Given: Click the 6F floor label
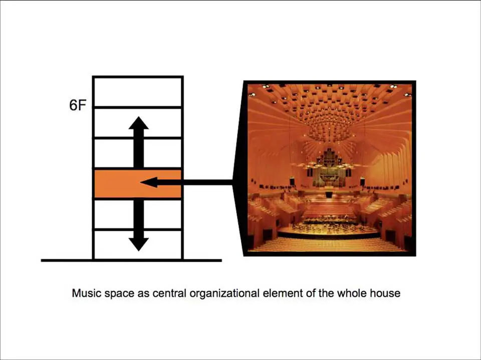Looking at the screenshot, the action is click(77, 106).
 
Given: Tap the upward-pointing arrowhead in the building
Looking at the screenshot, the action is click(139, 123).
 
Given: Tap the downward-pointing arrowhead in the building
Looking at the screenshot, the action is click(139, 244).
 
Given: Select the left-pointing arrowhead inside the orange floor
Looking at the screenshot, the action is click(149, 182).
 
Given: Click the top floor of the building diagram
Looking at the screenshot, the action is click(138, 92).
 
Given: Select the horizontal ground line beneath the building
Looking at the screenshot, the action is click(131, 261).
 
